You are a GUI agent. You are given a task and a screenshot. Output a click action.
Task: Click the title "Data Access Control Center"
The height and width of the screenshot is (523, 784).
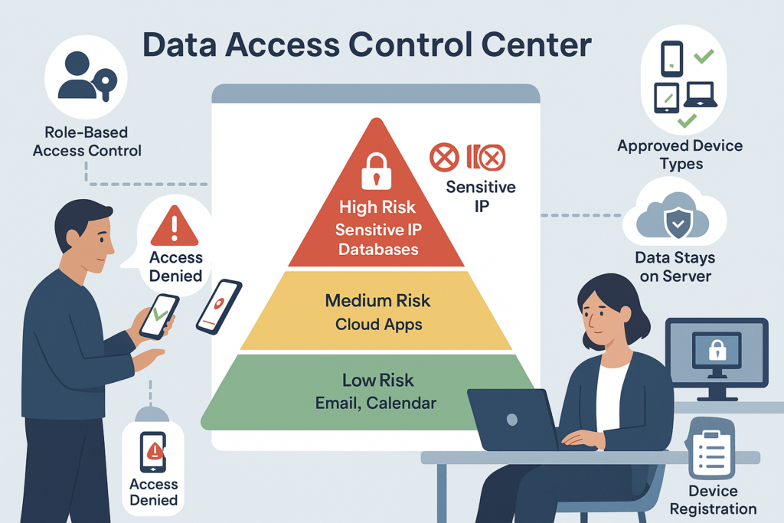click(367, 45)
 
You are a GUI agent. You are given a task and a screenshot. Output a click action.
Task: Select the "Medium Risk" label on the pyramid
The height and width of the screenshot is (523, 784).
click(377, 301)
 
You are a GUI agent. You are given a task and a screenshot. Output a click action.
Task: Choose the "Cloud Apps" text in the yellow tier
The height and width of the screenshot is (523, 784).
click(378, 324)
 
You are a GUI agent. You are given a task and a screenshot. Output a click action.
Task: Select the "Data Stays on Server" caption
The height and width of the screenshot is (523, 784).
click(676, 266)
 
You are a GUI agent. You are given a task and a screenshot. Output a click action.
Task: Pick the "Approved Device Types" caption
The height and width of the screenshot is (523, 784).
click(680, 154)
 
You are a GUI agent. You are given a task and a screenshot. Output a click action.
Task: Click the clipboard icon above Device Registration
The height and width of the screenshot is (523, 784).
click(712, 449)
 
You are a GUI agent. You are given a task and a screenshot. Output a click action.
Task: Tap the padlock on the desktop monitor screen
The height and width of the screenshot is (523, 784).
click(717, 351)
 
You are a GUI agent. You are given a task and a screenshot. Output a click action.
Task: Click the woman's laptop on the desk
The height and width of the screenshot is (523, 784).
click(512, 419)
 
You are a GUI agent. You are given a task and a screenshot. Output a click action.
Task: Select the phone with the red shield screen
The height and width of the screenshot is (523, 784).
click(219, 306)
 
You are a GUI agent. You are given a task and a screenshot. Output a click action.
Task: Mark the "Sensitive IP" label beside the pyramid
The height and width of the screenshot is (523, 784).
click(481, 195)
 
